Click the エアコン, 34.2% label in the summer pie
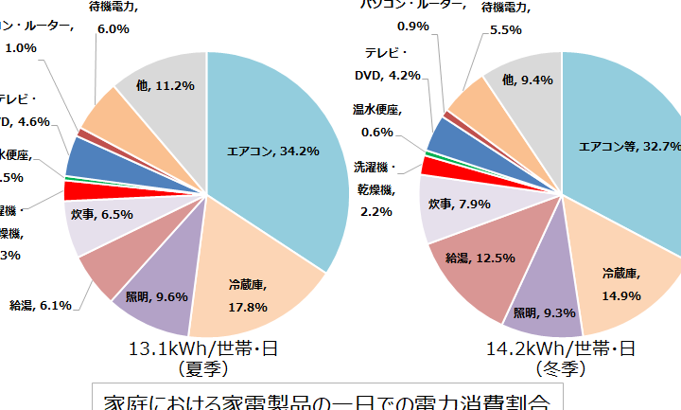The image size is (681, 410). [x=272, y=150]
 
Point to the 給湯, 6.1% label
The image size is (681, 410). [x=40, y=305]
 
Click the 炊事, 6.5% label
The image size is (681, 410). [x=101, y=215]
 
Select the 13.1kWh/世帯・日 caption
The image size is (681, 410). [x=202, y=349]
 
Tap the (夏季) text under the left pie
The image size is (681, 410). [x=203, y=367]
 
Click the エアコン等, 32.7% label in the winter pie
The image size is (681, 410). [x=629, y=147]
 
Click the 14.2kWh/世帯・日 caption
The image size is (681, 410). [x=561, y=349]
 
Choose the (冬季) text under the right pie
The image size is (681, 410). [x=562, y=367]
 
